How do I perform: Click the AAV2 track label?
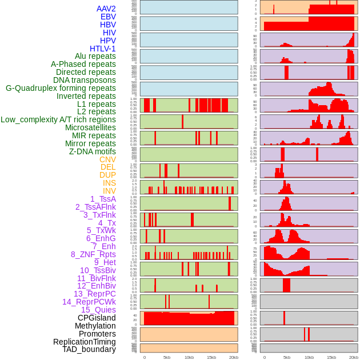coord(106,9)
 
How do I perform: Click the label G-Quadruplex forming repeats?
coord(61,88)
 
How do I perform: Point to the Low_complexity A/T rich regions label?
coord(58,119)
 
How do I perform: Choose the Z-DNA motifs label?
coord(92,151)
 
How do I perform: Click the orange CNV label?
coord(107,159)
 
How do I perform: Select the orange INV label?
coord(109,191)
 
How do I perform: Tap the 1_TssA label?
coord(103,199)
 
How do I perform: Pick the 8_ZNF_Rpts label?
coord(93,254)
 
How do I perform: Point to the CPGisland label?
coord(97,318)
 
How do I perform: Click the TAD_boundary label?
coord(89,349)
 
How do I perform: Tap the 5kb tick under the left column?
coord(166,357)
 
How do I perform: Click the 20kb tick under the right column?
coord(354,357)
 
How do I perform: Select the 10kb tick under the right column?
coord(309,357)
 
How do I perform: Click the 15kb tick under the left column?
coord(211,357)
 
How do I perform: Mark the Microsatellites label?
coord(90,127)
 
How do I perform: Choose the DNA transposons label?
coord(85,80)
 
